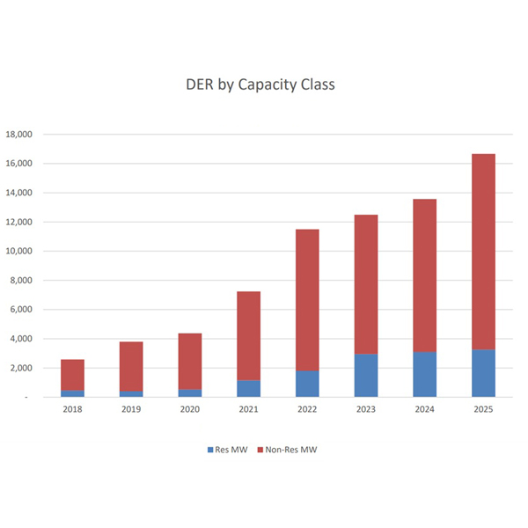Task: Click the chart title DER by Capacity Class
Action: click(260, 85)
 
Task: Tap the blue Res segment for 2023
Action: click(366, 376)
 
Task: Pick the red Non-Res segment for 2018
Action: click(72, 375)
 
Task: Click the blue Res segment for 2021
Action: click(248, 388)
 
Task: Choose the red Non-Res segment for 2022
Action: click(307, 300)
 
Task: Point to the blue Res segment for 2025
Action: click(483, 373)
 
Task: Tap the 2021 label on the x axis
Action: click(248, 409)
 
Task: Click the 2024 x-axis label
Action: click(424, 409)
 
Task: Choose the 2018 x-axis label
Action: click(72, 409)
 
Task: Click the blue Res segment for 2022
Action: click(307, 384)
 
